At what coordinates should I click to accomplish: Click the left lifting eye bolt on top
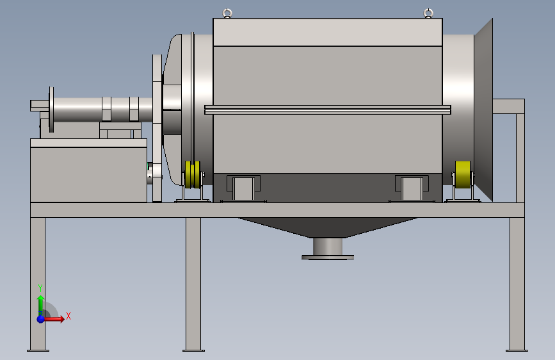point(227,13)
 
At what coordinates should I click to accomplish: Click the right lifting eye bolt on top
point(428,13)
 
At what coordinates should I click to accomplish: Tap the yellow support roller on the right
point(463,175)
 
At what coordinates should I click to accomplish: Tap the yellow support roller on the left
point(193,175)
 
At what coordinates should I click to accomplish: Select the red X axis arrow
point(54,319)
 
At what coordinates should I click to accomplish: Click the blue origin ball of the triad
point(41,319)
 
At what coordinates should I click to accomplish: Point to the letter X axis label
point(68,316)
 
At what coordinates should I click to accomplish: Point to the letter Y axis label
point(40,288)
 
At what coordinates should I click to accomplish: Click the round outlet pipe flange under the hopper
point(328,257)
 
